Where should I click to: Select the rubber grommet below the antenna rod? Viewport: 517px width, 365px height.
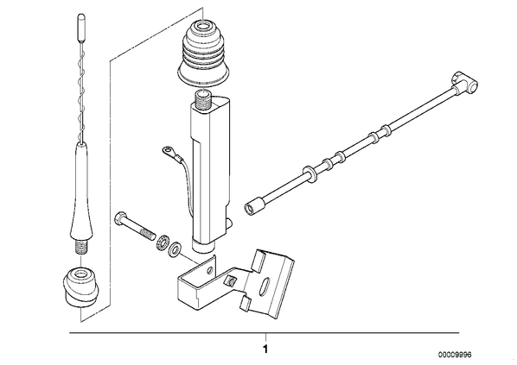tap(80, 287)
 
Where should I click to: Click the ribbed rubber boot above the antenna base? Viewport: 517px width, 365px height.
tap(203, 53)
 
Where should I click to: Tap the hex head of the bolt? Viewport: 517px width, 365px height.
tap(119, 218)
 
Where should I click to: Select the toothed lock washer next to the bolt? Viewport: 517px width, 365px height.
tap(163, 242)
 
